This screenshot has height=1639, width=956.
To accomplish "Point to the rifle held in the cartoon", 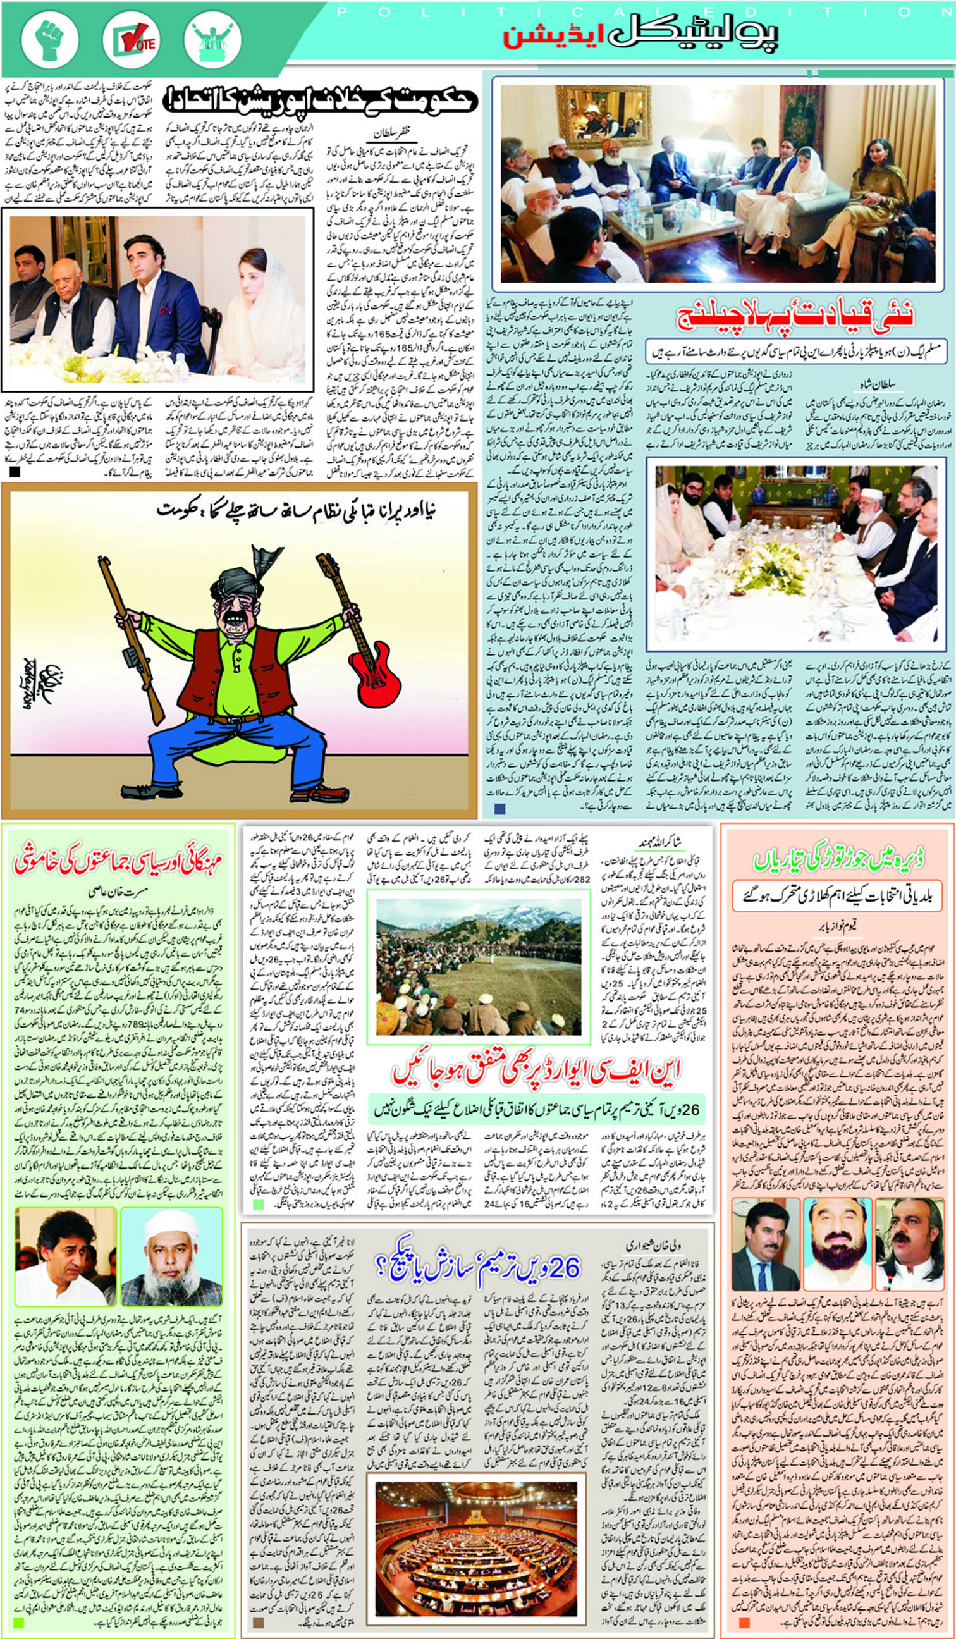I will click(x=131, y=637).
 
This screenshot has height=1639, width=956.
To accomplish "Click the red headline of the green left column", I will click(x=118, y=862).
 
